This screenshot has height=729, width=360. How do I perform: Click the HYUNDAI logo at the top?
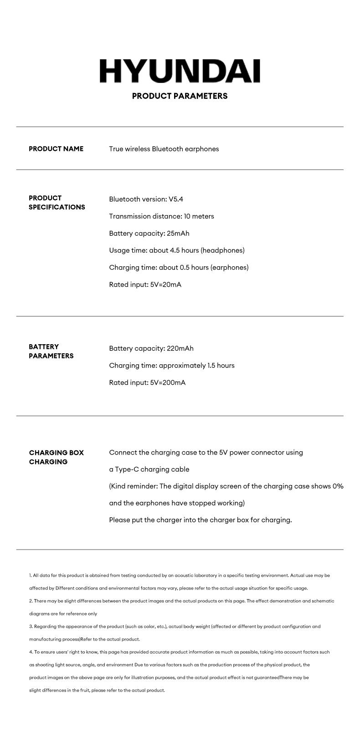[x=180, y=71]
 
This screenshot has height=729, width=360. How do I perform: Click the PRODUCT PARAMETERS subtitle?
[x=180, y=96]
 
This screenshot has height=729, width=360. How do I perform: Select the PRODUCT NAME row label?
[x=56, y=149]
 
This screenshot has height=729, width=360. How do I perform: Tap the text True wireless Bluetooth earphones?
[x=164, y=149]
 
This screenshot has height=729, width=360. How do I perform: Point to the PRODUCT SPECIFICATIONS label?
[x=57, y=202]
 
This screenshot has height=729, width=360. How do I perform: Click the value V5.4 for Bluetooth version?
[x=176, y=199]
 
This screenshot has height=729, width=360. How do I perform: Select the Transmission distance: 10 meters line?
[x=161, y=216]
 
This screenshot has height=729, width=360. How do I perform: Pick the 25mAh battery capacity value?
[x=178, y=233]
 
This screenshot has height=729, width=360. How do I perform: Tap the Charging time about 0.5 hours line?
[x=179, y=267]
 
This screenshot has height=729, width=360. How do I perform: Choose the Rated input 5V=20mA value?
[x=166, y=284]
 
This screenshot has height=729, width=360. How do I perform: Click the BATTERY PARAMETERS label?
[x=51, y=351]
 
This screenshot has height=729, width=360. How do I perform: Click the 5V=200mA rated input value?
[x=168, y=383]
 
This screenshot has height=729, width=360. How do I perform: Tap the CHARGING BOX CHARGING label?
[x=57, y=457]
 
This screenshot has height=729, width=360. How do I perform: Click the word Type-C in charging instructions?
[x=129, y=469]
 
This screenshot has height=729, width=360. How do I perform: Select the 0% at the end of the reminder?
[x=338, y=486]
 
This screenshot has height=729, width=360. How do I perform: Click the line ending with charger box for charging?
[x=200, y=520]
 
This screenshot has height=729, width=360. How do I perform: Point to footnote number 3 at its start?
[x=31, y=626]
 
